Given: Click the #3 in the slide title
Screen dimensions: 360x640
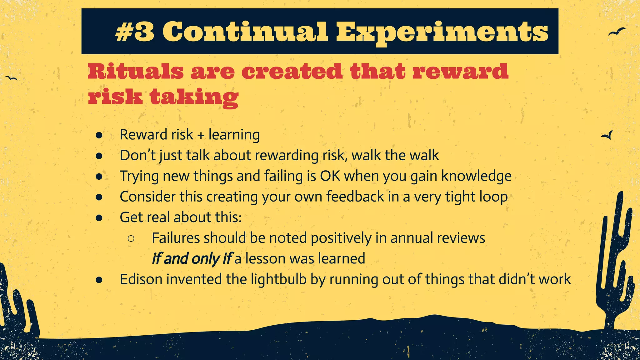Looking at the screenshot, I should [x=135, y=32].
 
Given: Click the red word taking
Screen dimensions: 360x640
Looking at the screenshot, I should [x=194, y=97].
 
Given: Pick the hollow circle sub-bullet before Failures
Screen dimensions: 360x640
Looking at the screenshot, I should [x=131, y=238].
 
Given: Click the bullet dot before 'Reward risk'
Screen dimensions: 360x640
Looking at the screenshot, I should [x=99, y=135].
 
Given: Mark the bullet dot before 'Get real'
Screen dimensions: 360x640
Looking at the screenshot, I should [x=99, y=217].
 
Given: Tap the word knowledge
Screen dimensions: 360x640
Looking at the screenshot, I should [x=476, y=176].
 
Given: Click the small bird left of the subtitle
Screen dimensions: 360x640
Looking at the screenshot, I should [x=12, y=78].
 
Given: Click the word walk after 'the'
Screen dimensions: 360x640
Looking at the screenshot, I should [x=424, y=155].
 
